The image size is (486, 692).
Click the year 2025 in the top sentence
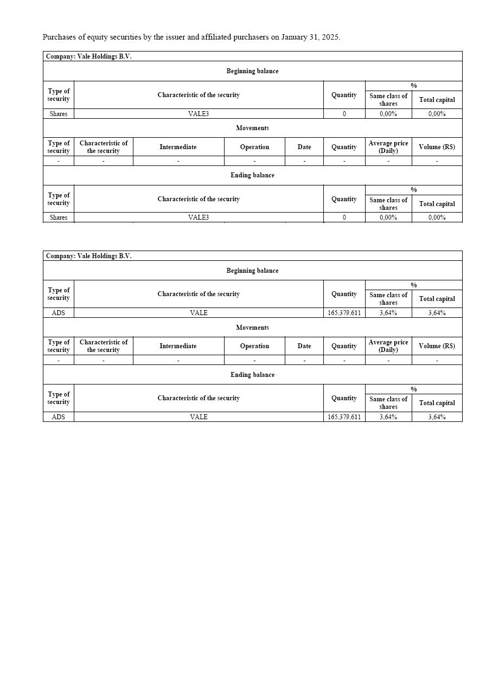pos(330,37)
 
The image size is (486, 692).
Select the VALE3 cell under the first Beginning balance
pos(199,114)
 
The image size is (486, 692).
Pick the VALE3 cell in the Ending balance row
pos(199,217)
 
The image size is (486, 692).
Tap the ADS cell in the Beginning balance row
pos(59,313)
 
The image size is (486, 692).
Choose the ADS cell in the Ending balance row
pos(59,417)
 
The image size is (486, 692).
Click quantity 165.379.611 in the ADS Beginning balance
pos(344,313)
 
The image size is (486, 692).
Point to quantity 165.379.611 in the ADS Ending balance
pos(344,417)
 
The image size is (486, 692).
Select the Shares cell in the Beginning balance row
pos(59,114)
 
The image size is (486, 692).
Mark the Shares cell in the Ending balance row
pos(59,217)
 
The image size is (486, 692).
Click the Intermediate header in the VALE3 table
pos(178,147)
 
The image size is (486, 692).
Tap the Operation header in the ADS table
pos(254,346)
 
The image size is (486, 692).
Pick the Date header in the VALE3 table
pos(304,147)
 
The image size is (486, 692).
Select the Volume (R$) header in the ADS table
pos(437,346)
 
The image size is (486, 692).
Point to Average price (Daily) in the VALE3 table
pos(388,147)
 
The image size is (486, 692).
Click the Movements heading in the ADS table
pos(252,328)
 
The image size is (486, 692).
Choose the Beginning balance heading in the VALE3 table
pos(252,71)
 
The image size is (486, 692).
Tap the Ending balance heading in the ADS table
pos(252,375)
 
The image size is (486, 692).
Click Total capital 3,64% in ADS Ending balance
pos(437,417)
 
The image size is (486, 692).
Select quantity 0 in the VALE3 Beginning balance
pos(344,114)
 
